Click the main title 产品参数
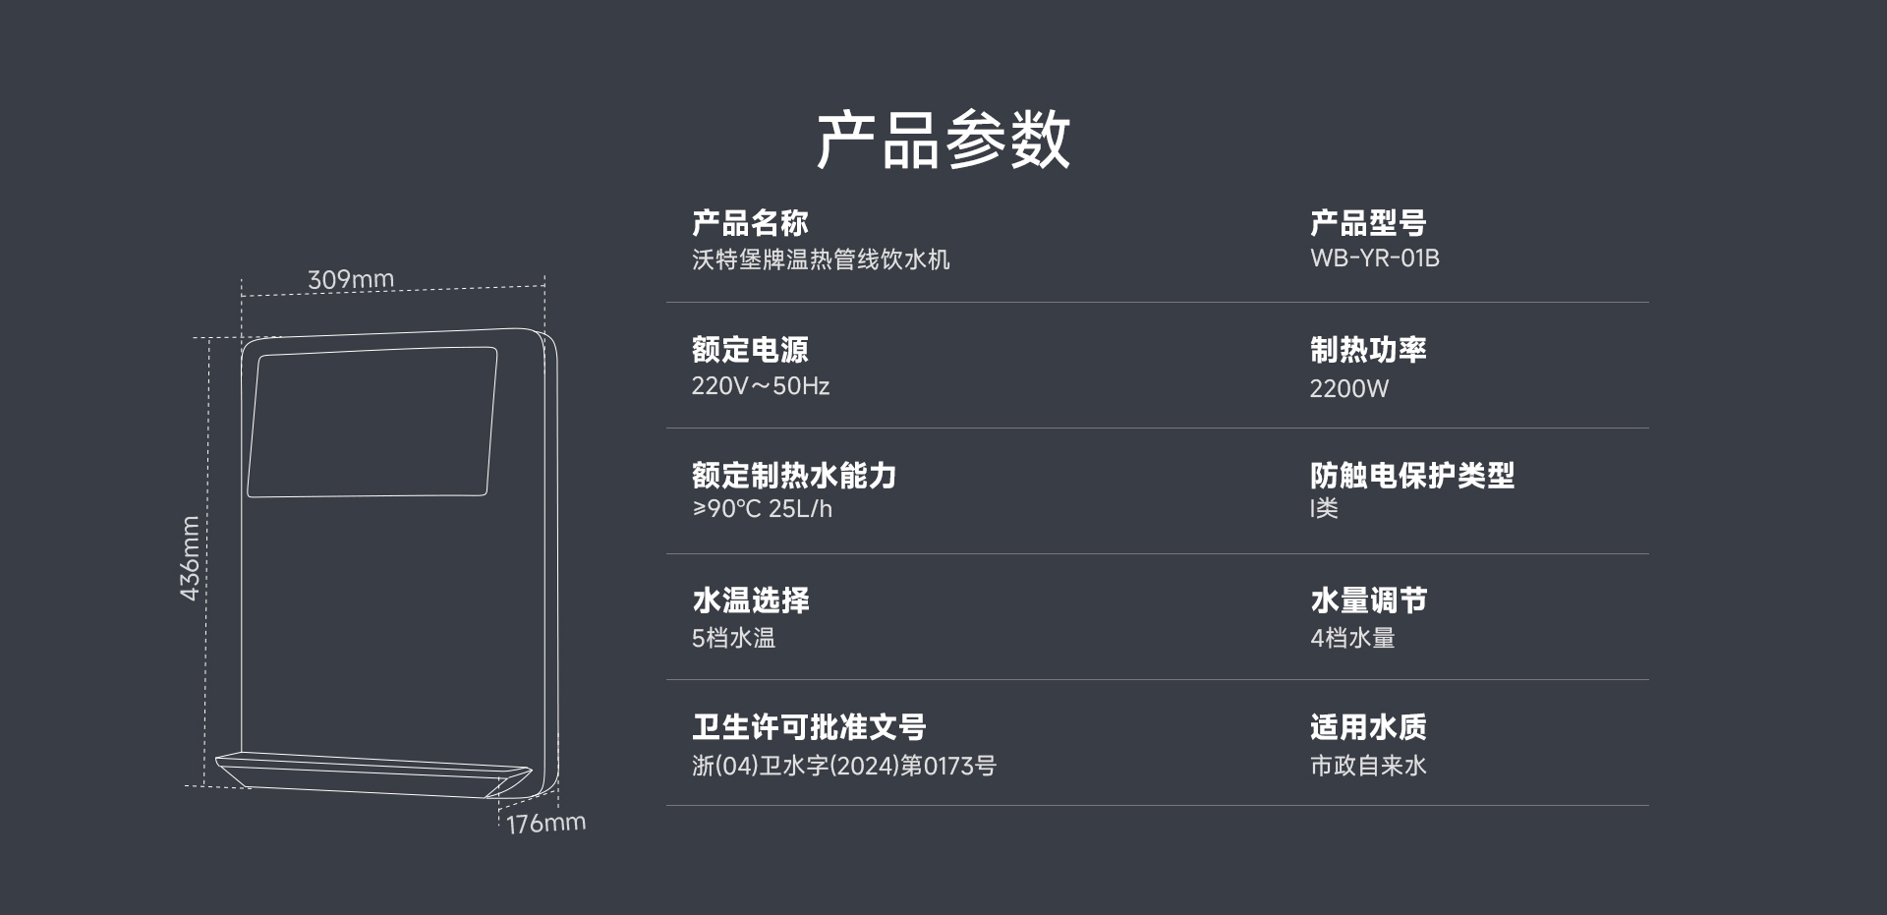[943, 139]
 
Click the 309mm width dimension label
[351, 279]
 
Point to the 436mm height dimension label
[190, 558]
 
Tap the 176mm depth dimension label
[546, 823]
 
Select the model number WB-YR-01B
[1374, 258]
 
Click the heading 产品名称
[750, 223]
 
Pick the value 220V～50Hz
[760, 385]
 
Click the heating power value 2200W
[1348, 388]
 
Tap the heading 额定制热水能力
[794, 476]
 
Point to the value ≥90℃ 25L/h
[762, 509]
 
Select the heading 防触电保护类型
[1412, 476]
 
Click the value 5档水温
[733, 638]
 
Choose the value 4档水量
[1352, 638]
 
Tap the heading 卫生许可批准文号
[809, 727]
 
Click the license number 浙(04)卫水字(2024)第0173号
[844, 766]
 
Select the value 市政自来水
[1368, 766]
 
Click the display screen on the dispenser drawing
[372, 422]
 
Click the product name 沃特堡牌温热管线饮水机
[821, 259]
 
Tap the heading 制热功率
[1368, 350]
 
